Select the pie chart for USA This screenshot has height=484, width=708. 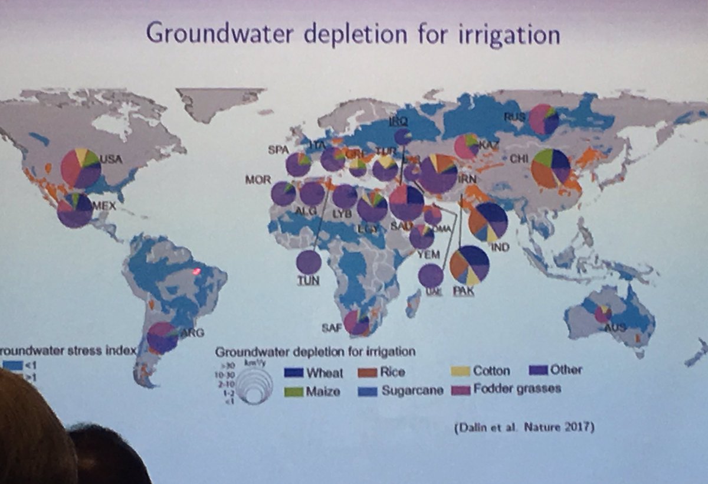[81, 169]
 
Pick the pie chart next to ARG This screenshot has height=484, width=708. [162, 338]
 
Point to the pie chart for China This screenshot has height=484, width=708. [550, 168]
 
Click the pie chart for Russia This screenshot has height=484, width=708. [543, 119]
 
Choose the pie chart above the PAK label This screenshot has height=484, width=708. [470, 265]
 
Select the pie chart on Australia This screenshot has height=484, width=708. [602, 313]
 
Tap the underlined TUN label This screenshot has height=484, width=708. [308, 281]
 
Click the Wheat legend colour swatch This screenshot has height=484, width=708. [293, 372]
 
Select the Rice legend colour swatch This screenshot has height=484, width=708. [368, 372]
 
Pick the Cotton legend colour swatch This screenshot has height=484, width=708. [461, 371]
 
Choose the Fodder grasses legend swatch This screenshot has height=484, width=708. [461, 390]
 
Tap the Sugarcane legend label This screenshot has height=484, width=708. [412, 390]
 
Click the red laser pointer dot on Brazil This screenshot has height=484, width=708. [197, 271]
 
